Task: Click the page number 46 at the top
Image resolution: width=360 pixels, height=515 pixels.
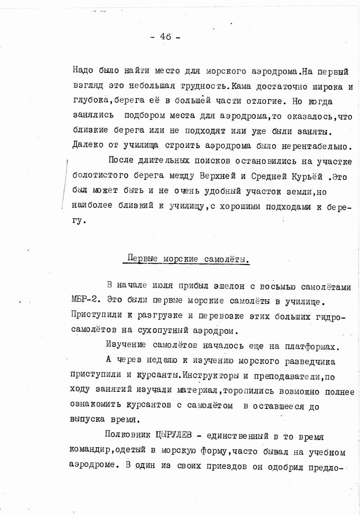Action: [x=165, y=37]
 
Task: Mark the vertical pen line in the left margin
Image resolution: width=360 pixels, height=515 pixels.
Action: [x=64, y=184]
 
